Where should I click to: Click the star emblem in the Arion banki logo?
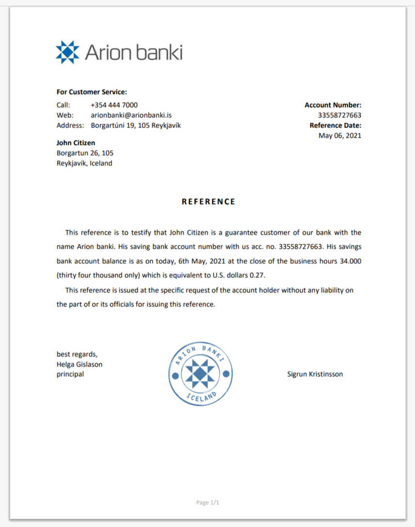67,52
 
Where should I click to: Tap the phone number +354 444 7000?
114,105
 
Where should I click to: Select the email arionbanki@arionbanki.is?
131,115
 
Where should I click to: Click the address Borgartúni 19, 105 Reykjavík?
136,126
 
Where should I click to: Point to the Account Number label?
333,105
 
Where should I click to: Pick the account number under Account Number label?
339,115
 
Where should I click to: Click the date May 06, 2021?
340,136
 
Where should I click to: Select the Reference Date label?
335,126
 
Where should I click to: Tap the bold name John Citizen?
76,143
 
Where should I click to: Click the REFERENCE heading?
208,202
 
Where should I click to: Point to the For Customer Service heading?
92,92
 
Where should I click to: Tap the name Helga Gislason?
80,365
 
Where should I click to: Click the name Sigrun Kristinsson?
315,374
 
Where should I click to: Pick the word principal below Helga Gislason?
70,374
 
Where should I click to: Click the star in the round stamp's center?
201,374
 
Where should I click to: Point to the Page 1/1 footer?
207,503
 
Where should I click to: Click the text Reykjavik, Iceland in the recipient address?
84,163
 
